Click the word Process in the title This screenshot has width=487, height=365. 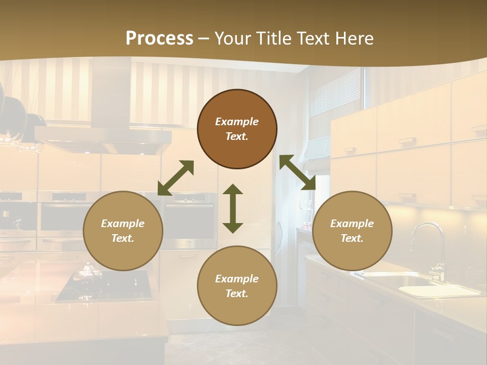point(159,39)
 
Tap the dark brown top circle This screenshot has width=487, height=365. point(237,129)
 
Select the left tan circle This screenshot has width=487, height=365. point(123,231)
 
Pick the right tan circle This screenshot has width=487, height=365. point(352,231)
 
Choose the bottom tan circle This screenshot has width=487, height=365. point(237,285)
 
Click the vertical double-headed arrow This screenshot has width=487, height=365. point(233,208)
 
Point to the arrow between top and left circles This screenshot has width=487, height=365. point(176,178)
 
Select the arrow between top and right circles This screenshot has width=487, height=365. point(297,172)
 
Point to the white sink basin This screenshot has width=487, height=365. point(436,290)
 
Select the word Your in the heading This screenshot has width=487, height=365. point(233,39)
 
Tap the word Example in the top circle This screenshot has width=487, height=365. point(237,122)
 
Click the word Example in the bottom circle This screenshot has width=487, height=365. point(237,279)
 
